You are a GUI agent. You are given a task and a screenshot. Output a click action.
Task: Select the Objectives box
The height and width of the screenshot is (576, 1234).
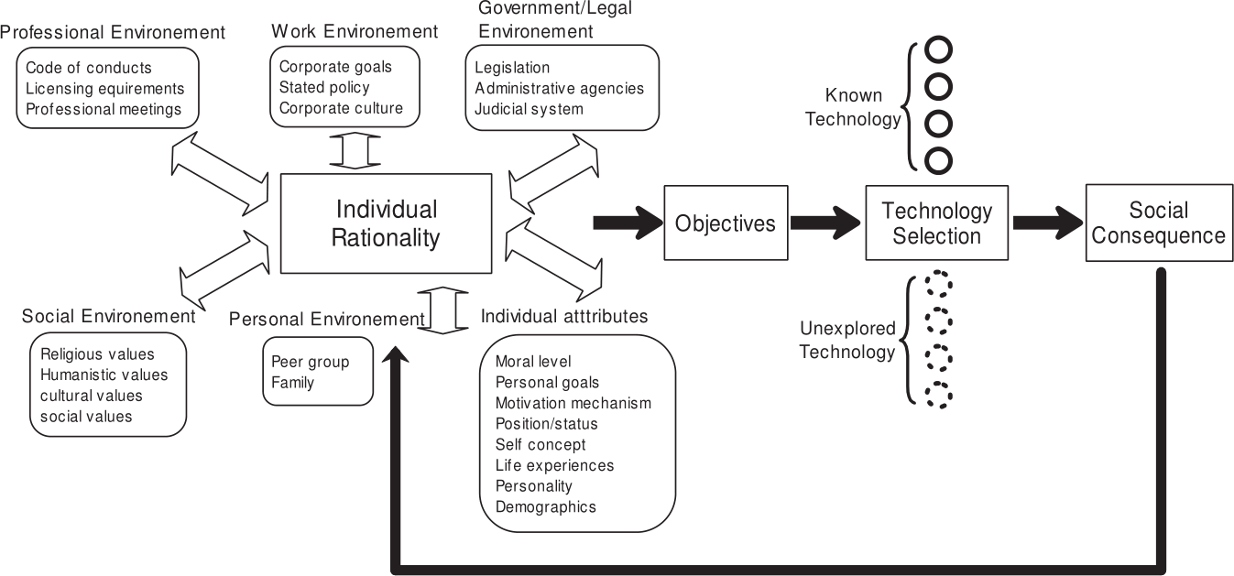pyautogui.click(x=725, y=223)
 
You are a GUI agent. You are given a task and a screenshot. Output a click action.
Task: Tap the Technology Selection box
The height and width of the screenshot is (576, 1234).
pyautogui.click(x=936, y=223)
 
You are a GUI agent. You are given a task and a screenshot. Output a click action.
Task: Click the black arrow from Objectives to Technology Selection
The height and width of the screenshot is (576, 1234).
pyautogui.click(x=825, y=223)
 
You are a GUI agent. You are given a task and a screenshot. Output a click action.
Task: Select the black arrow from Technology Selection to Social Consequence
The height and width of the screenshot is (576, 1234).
pyautogui.click(x=1047, y=223)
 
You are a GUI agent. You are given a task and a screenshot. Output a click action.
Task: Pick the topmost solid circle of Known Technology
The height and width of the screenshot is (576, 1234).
pyautogui.click(x=939, y=49)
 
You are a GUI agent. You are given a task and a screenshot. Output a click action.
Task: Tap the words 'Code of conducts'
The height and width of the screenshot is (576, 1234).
pyautogui.click(x=89, y=68)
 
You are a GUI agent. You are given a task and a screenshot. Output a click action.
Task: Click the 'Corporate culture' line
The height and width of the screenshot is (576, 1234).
pyautogui.click(x=341, y=108)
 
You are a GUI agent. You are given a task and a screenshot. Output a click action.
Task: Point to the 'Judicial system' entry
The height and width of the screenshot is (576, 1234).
pyautogui.click(x=529, y=109)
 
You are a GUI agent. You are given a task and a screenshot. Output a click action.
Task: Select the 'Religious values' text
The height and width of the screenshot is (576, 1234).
pyautogui.click(x=98, y=353)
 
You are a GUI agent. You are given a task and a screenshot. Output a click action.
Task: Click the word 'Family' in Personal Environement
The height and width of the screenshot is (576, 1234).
pyautogui.click(x=293, y=382)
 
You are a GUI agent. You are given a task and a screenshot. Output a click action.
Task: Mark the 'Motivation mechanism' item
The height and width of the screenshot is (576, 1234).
pyautogui.click(x=573, y=403)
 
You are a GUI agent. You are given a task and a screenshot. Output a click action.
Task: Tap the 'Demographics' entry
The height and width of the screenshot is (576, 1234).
pyautogui.click(x=545, y=506)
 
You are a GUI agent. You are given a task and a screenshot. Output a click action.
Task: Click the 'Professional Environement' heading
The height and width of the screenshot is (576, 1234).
pyautogui.click(x=113, y=32)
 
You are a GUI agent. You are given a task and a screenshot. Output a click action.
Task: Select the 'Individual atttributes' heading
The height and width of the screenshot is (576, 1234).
pyautogui.click(x=563, y=316)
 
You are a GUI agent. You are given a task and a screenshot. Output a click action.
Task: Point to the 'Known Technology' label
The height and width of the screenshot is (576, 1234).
pyautogui.click(x=854, y=106)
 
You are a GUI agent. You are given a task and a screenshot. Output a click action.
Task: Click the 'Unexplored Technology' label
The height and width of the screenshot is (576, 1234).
pyautogui.click(x=847, y=339)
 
